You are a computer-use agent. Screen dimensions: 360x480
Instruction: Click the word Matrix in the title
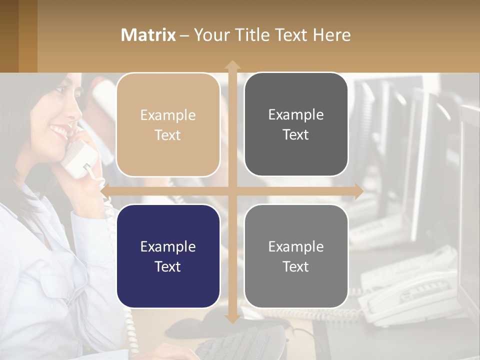148,35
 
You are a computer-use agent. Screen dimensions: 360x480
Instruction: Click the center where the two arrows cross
232,191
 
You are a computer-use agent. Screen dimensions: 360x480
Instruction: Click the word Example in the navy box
168,246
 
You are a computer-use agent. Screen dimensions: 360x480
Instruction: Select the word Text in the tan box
168,135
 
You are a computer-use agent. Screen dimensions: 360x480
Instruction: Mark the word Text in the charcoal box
296,134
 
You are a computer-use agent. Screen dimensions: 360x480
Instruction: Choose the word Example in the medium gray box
296,246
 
